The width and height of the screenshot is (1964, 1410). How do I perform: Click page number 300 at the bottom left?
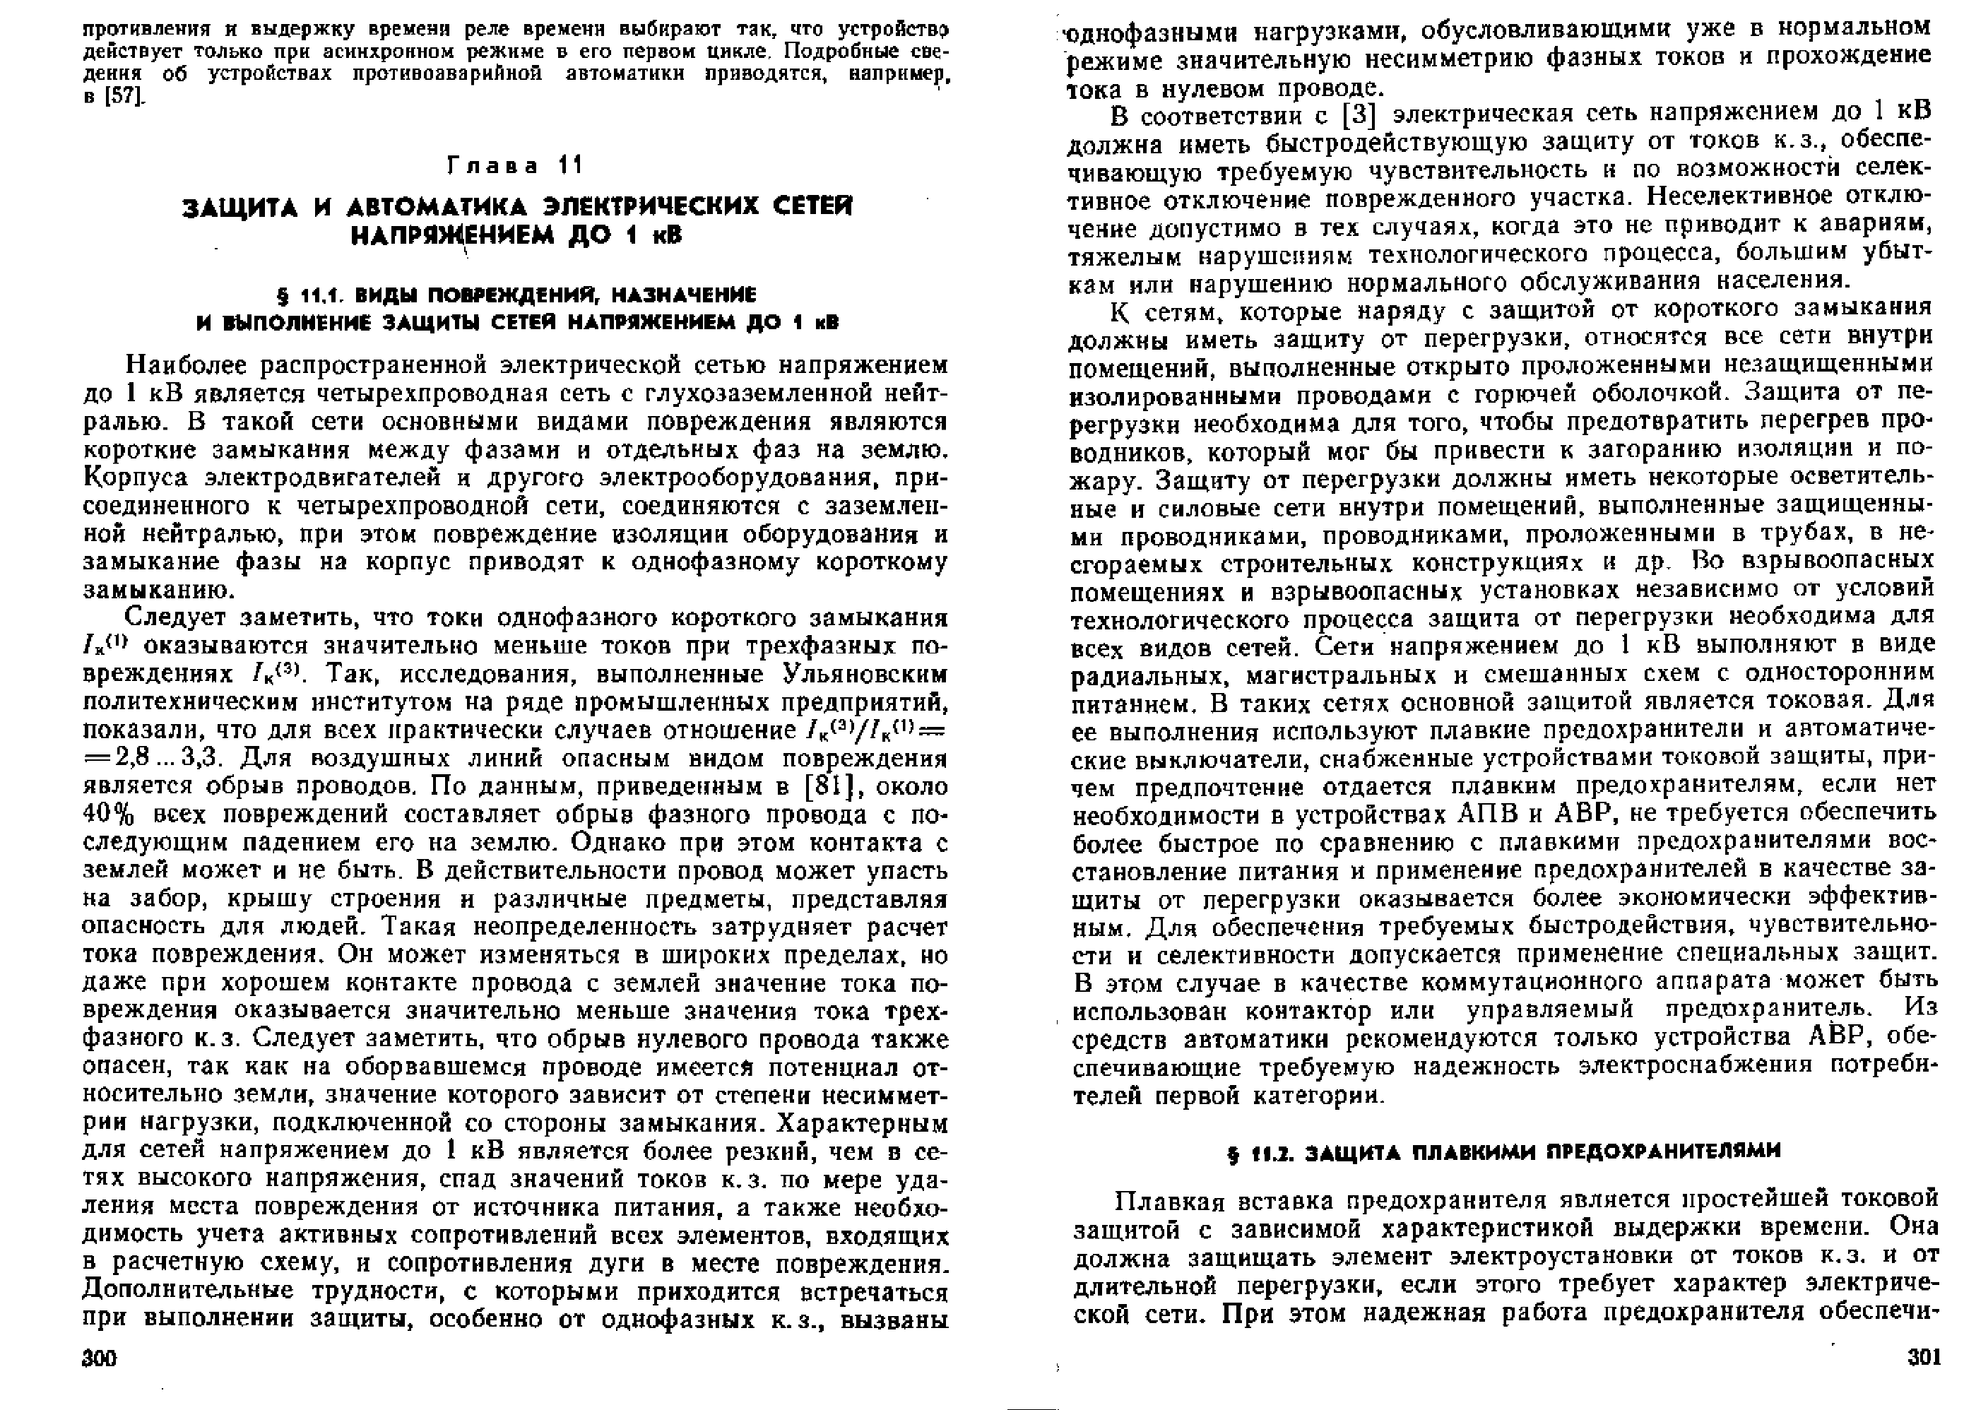click(99, 1356)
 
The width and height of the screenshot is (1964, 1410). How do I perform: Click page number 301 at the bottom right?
click(1923, 1356)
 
